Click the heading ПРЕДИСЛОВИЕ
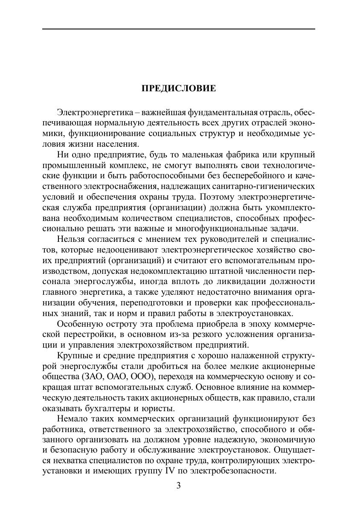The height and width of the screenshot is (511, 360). [x=179, y=89]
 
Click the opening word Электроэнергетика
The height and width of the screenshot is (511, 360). [x=91, y=113]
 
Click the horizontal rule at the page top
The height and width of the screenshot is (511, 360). [x=179, y=29]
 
